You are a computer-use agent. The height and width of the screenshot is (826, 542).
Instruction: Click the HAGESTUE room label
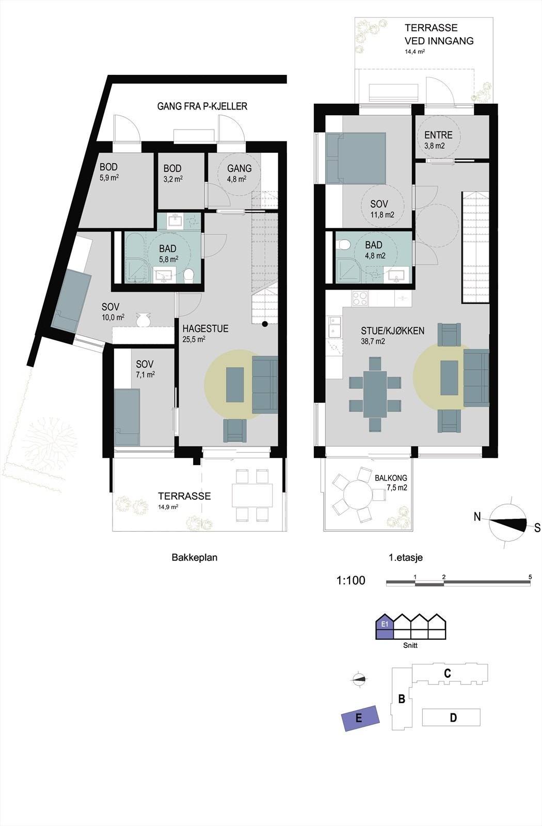point(205,329)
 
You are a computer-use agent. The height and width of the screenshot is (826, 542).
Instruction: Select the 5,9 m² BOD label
point(108,167)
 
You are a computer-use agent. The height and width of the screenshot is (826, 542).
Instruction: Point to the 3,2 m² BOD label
point(172,169)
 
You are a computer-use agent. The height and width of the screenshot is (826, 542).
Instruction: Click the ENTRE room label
point(438,135)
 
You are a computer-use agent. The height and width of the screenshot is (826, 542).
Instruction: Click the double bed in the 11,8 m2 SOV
point(356,157)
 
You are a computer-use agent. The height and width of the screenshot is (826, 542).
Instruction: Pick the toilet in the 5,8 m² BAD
point(189,276)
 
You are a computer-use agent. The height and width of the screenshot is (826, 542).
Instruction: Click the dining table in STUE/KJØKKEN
point(375,394)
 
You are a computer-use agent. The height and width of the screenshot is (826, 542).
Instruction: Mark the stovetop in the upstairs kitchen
point(360,298)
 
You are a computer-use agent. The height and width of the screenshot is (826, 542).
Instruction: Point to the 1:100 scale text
point(350,580)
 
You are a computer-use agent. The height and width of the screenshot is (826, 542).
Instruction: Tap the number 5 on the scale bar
point(530,576)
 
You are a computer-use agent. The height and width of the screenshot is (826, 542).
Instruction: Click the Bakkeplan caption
point(194,558)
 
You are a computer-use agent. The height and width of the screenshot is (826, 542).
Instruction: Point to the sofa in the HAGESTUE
point(265,384)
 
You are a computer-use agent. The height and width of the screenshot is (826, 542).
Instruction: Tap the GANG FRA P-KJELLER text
point(202,106)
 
